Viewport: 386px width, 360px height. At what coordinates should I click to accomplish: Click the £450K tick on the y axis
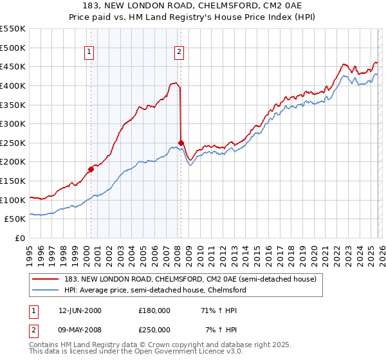point(13,66)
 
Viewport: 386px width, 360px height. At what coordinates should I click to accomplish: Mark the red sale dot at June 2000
point(91,169)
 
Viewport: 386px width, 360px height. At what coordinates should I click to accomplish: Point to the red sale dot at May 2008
point(181,143)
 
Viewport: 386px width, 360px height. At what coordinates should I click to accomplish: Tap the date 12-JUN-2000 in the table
point(80,310)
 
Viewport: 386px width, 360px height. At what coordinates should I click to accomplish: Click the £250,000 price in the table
point(154,330)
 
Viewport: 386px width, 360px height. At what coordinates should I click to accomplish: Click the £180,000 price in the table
point(154,310)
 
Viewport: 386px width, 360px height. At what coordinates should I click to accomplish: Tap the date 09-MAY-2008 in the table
point(80,330)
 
